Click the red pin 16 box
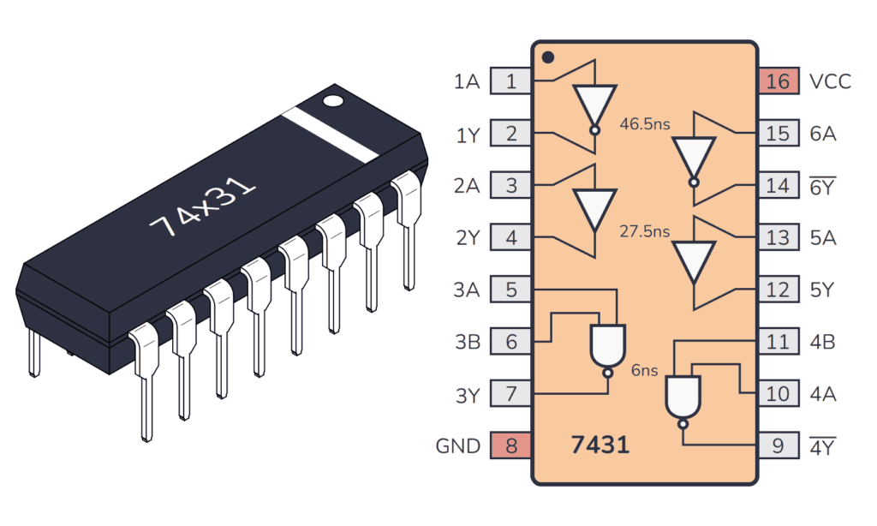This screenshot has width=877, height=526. point(778,81)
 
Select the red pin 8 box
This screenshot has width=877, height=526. point(511,445)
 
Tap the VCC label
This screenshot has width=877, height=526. point(830,82)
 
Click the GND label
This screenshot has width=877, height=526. point(457,446)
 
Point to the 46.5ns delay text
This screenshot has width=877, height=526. point(645,125)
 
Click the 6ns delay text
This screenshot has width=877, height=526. point(644,370)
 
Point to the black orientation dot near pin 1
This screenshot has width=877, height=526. point(548,58)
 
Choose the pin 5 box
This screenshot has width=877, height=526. point(511,290)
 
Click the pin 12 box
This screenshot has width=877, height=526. point(778,290)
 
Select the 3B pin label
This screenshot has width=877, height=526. point(468,342)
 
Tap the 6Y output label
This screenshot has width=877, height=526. point(823,186)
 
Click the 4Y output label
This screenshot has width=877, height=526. point(823,446)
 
